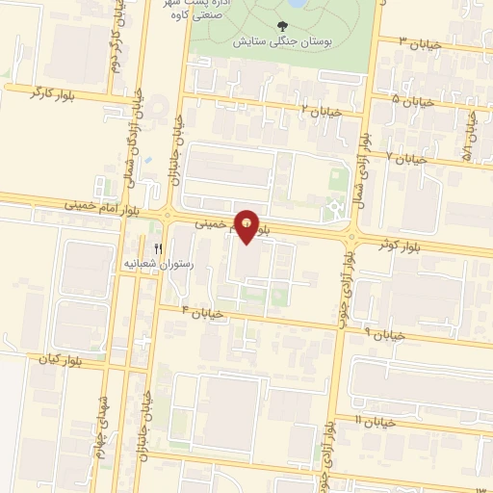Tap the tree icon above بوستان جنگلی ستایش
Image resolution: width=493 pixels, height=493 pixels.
tap(281, 27)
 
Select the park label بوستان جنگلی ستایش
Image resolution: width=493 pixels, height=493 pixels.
tap(281, 43)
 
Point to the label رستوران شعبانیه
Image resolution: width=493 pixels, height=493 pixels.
tap(158, 263)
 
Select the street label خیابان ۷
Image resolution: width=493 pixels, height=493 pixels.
tap(406, 156)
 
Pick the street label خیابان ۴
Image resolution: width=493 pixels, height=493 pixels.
tap(203, 313)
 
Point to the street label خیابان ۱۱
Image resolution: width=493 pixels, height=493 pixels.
tap(377, 422)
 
